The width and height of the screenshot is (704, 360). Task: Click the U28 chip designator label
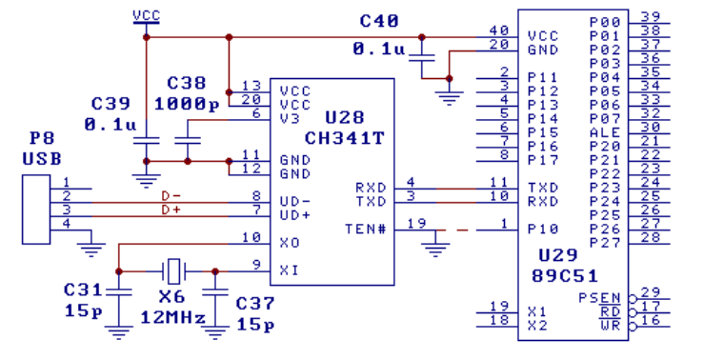(344, 118)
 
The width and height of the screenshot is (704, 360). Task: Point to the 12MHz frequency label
(172, 315)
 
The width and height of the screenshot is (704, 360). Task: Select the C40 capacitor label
(379, 21)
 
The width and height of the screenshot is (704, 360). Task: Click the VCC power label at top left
(146, 15)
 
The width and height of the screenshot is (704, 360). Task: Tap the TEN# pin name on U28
(365, 228)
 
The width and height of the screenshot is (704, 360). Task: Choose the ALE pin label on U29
(604, 131)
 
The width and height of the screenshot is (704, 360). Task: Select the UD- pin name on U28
(294, 201)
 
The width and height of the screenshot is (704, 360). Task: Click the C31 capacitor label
(82, 288)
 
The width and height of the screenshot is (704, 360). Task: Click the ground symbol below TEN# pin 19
(435, 250)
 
